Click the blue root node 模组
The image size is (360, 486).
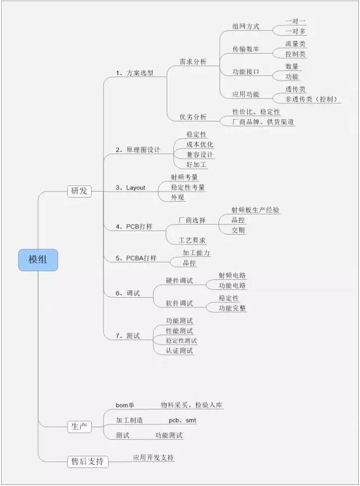point(38,260)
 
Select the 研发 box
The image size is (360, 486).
point(79,191)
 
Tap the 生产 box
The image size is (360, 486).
point(79,427)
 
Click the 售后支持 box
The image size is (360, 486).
point(88,461)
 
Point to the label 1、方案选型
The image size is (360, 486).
point(135,73)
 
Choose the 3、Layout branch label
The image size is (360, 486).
point(130,188)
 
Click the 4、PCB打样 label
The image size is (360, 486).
point(134,227)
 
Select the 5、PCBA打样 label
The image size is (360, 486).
point(136,258)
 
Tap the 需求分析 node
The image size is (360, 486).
point(193,61)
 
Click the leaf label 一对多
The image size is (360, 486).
point(296,31)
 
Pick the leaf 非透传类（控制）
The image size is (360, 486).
point(311,99)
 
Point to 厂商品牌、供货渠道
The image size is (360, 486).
point(263,122)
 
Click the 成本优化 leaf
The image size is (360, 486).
point(200,145)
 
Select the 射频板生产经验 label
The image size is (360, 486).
point(255,210)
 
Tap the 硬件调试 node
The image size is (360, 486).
point(179,281)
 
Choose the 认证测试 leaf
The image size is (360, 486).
point(179,351)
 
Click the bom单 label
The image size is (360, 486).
point(125,405)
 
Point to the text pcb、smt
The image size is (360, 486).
point(182,420)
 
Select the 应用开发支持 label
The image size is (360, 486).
point(153,458)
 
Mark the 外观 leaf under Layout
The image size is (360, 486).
point(177,197)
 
